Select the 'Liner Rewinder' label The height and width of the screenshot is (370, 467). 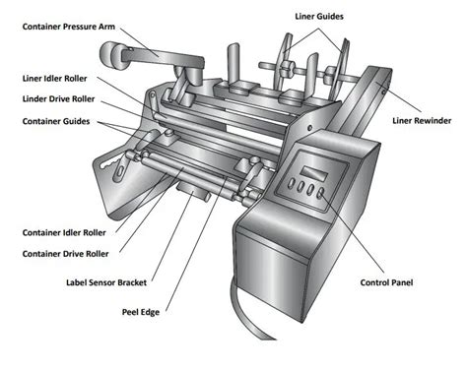pos(422,120)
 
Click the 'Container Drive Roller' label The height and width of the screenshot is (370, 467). pos(66,253)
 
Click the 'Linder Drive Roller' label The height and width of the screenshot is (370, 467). pos(59,98)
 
